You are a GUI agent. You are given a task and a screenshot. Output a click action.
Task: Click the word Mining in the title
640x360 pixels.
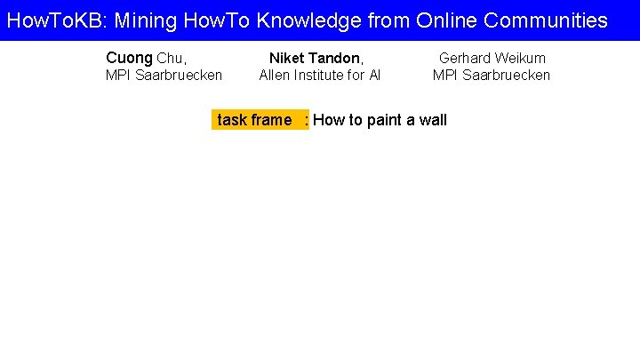[x=147, y=20]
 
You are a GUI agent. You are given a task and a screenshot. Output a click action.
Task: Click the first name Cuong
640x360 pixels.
[x=129, y=59]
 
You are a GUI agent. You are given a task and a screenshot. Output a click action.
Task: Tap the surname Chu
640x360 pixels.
[x=171, y=59]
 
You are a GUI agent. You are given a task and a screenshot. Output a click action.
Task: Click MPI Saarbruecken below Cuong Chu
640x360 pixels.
[x=164, y=76]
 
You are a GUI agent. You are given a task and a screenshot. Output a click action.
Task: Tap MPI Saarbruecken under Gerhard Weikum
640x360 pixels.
[x=492, y=76]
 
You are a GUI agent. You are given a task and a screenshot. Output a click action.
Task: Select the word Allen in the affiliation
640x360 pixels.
[x=276, y=76]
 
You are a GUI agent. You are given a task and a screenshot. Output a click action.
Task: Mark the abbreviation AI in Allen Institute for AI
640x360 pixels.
[x=374, y=76]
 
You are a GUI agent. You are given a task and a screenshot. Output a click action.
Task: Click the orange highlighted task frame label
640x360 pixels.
[x=259, y=120]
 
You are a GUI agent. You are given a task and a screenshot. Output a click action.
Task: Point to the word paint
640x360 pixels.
[x=383, y=120]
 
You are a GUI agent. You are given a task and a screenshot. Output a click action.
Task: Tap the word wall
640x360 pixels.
[x=433, y=120]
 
